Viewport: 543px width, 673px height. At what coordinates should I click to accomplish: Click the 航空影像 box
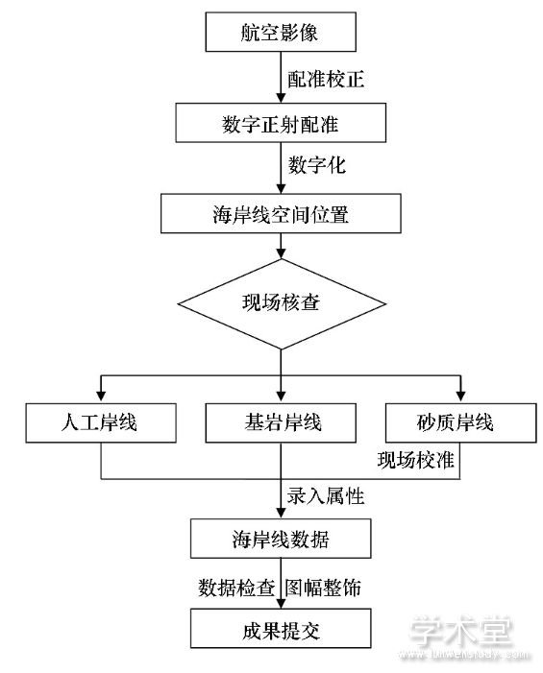[281, 32]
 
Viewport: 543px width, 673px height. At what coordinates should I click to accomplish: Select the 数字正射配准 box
[281, 123]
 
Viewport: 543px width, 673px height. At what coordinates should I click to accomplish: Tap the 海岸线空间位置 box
[281, 213]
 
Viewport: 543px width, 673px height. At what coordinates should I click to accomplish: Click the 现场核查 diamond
[282, 304]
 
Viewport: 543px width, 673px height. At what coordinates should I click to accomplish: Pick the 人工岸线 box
[101, 422]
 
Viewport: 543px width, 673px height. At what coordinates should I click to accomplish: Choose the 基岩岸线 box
[281, 422]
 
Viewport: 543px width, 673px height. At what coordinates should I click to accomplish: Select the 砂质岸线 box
[461, 422]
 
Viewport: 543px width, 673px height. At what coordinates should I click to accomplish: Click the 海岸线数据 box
[281, 539]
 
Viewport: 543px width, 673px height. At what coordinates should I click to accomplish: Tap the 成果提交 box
[281, 629]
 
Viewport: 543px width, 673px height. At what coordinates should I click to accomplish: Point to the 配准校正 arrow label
[326, 79]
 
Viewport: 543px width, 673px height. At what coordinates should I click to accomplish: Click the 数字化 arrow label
[316, 165]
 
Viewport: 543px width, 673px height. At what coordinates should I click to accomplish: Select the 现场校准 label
[415, 460]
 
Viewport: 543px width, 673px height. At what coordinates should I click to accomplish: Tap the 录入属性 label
[326, 496]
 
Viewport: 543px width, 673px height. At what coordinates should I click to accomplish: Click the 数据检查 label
[236, 588]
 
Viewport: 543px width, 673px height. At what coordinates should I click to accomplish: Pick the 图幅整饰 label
[323, 588]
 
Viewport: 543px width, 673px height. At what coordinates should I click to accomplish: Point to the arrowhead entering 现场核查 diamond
[281, 252]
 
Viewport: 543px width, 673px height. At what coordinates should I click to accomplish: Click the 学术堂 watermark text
[459, 631]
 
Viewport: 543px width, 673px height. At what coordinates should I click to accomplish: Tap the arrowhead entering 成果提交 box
[281, 603]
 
